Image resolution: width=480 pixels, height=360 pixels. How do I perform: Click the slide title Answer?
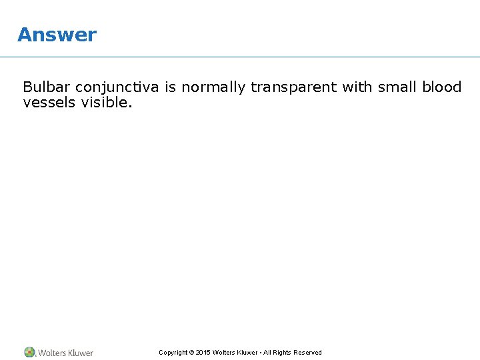coord(57,35)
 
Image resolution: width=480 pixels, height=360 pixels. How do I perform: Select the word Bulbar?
coord(46,87)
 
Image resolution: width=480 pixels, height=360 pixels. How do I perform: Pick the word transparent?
coord(294,88)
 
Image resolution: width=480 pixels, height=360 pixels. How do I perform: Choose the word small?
coord(397,87)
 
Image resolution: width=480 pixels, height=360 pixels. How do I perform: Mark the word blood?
coord(442,87)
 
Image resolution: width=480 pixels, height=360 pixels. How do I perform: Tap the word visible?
coord(105,103)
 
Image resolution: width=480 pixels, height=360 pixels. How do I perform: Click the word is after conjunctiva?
coord(170,87)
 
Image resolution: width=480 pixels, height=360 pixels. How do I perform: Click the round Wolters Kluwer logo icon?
coord(30,352)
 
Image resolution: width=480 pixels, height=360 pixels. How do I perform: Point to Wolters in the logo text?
coord(53,353)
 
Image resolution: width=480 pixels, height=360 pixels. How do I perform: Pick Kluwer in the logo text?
coord(81,353)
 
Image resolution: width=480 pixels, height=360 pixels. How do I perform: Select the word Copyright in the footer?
coord(173,353)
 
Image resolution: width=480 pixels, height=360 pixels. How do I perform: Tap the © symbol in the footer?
coord(192,353)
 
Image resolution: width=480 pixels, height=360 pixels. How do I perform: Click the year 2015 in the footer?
coord(203,353)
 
